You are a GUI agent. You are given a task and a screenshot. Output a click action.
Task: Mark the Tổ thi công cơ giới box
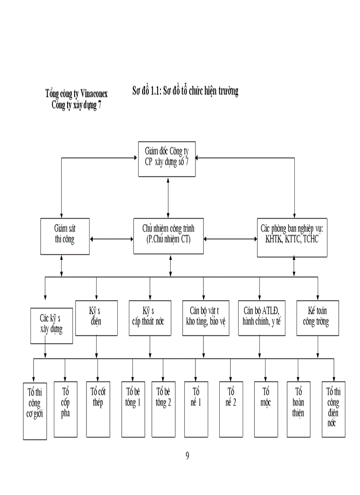35,410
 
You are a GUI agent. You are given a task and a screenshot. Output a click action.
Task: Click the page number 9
187,456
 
